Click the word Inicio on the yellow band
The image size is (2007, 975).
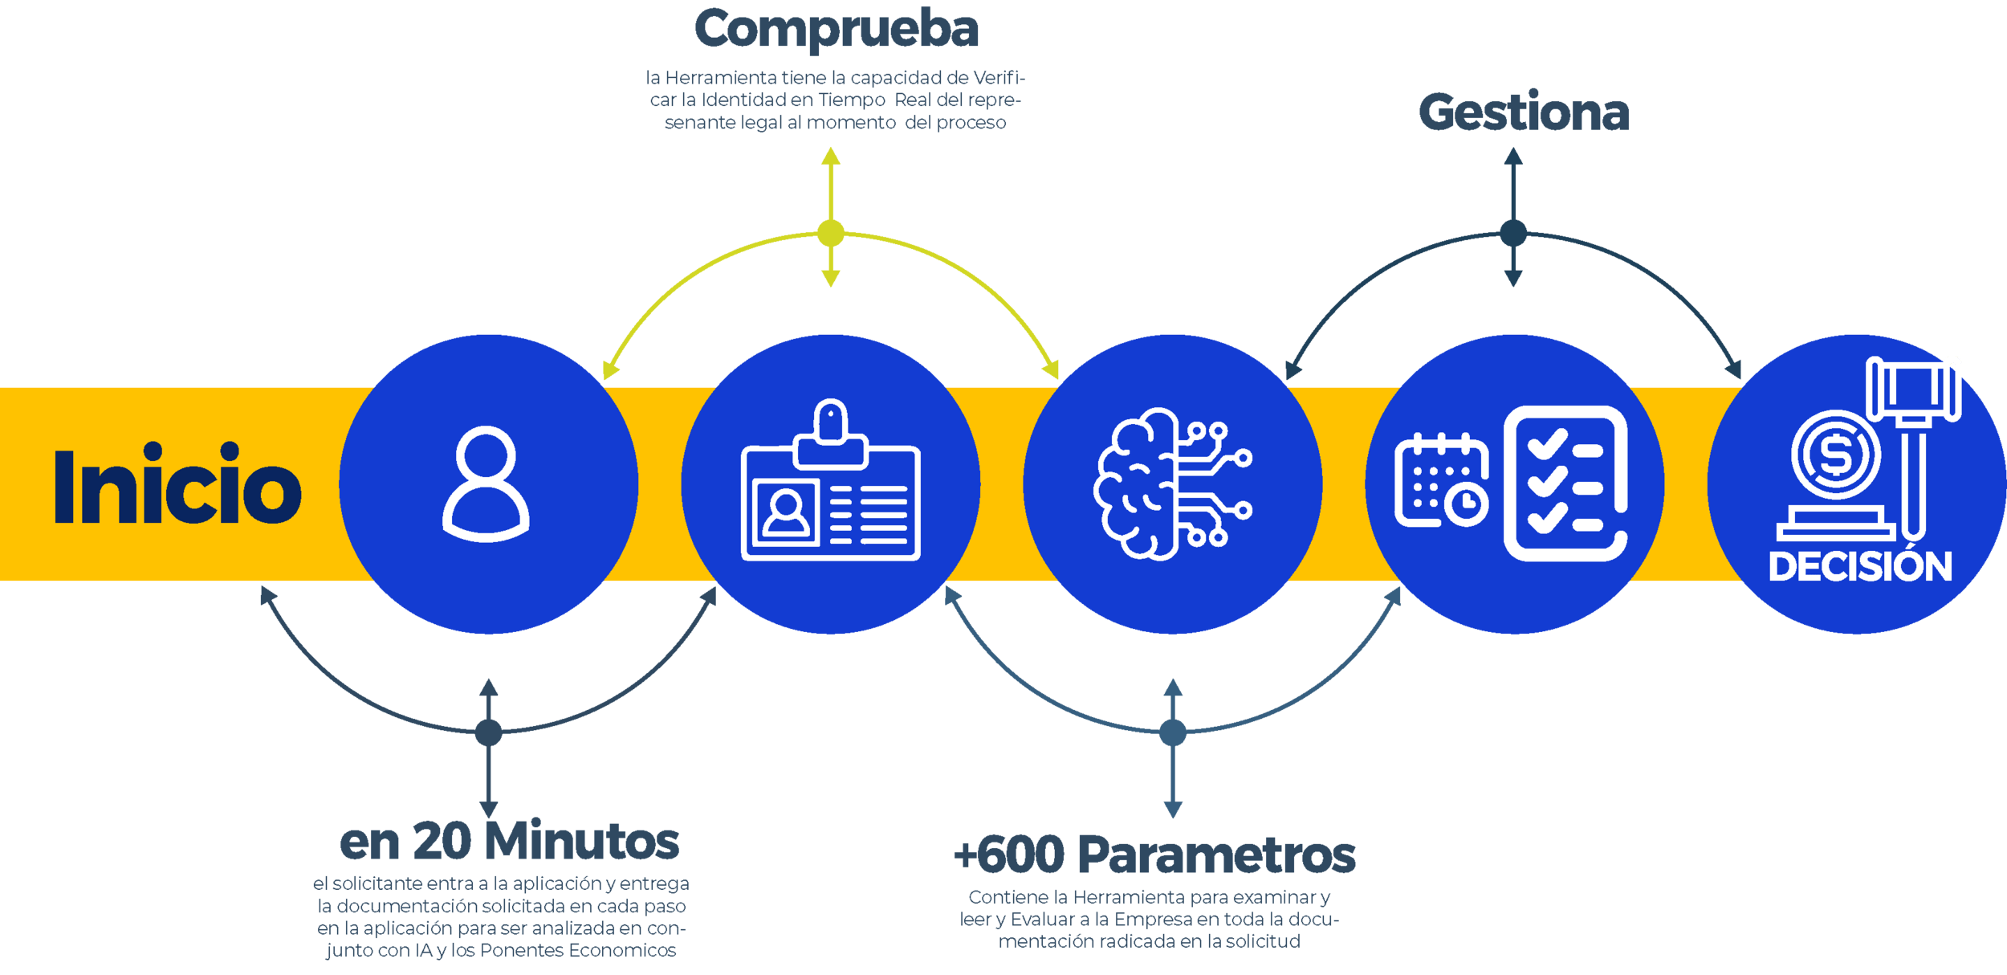177,485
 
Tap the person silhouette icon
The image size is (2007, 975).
486,483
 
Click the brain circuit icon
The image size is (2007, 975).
1171,483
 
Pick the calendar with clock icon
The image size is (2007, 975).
1441,481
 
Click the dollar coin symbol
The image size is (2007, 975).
1835,455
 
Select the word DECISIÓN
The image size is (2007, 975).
1860,567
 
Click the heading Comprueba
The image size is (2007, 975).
837,30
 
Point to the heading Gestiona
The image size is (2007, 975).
1524,112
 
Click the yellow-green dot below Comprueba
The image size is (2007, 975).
831,233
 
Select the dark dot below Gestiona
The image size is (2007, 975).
1513,233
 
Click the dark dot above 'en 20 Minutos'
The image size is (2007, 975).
488,732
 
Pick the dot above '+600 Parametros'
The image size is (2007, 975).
1172,732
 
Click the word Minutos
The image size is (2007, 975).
583,842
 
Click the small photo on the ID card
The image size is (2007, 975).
786,513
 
